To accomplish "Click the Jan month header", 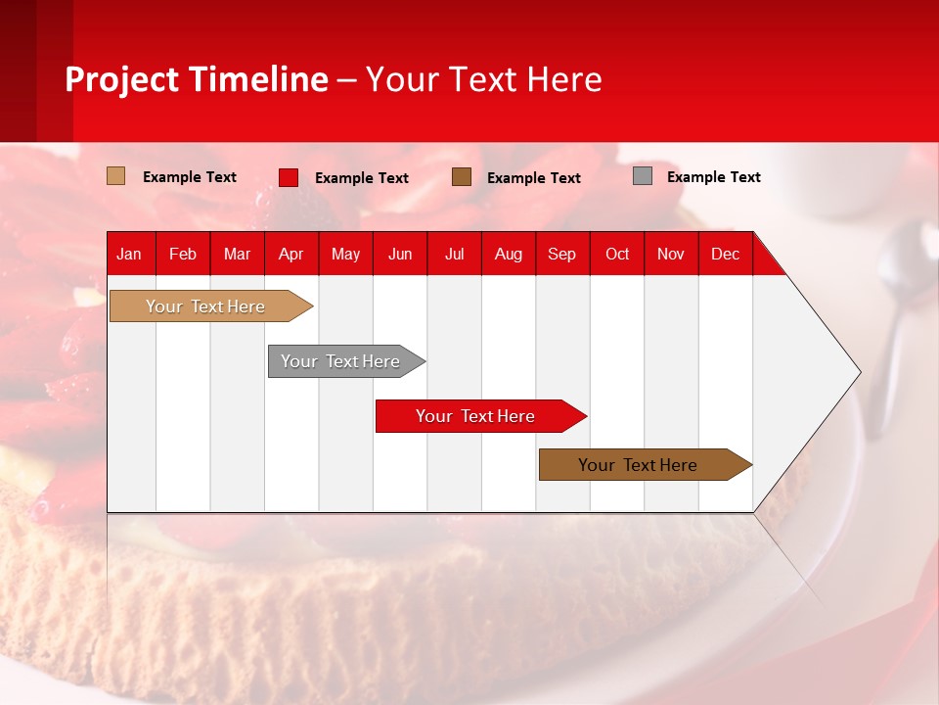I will pyautogui.click(x=129, y=255).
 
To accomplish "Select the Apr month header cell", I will pyautogui.click(x=291, y=255).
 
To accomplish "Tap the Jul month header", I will pyautogui.click(x=454, y=255).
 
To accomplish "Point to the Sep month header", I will pyautogui.click(x=561, y=255).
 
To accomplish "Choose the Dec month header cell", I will pyautogui.click(x=725, y=255).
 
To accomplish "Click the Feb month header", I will pyautogui.click(x=183, y=255).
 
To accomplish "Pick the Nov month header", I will pyautogui.click(x=671, y=255).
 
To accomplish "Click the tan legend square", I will pyautogui.click(x=116, y=176).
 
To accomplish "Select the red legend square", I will pyautogui.click(x=289, y=177).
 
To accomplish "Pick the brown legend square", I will pyautogui.click(x=462, y=177).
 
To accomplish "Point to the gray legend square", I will pyautogui.click(x=643, y=176).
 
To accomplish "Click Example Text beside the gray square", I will pyautogui.click(x=713, y=177).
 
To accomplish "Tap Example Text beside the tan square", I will pyautogui.click(x=190, y=177).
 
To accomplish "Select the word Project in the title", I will pyautogui.click(x=122, y=79).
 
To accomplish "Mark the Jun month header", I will pyautogui.click(x=400, y=255).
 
